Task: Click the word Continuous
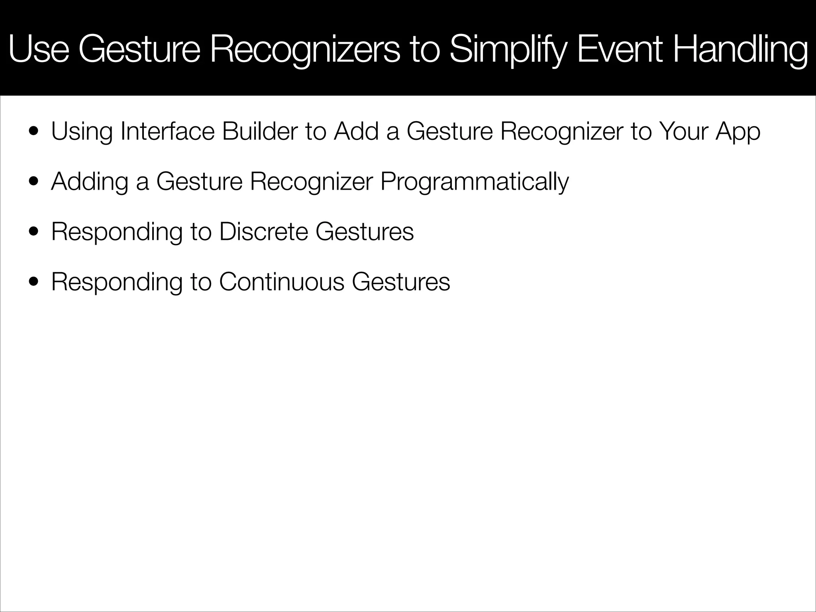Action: click(281, 282)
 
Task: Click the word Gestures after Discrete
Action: click(365, 231)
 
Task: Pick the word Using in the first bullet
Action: click(82, 132)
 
